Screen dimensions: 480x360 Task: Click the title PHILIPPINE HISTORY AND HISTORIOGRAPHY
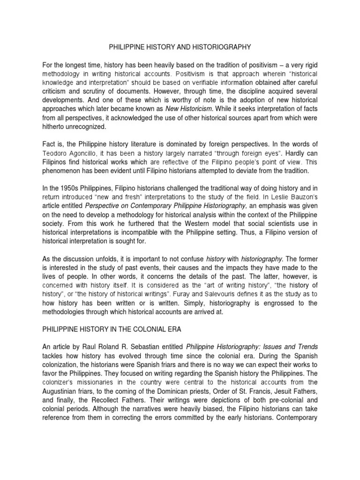click(x=180, y=47)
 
